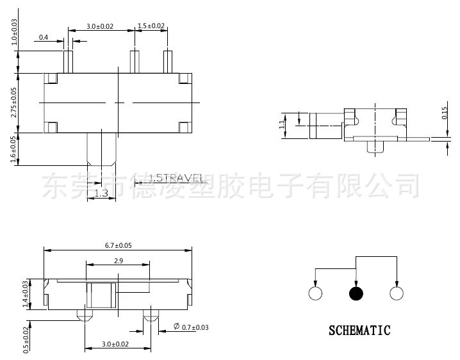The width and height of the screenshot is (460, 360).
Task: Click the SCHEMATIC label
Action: click(x=359, y=331)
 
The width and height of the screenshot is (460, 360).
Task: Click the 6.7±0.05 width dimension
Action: click(x=118, y=245)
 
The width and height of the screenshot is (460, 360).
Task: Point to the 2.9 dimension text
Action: click(x=118, y=261)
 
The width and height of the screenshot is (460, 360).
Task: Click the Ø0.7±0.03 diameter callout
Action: click(x=191, y=328)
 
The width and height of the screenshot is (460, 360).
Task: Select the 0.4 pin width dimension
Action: click(x=44, y=37)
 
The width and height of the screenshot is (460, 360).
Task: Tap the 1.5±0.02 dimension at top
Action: click(x=151, y=26)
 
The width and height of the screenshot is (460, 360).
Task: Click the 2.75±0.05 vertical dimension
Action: click(x=14, y=102)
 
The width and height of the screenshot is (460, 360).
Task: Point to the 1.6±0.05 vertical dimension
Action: click(x=14, y=150)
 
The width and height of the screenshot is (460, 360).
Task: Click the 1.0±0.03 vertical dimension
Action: click(x=14, y=31)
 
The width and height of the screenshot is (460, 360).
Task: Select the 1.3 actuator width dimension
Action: click(x=101, y=193)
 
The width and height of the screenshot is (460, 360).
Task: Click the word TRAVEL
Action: click(x=182, y=177)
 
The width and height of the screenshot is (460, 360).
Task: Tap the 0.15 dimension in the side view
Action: click(x=445, y=114)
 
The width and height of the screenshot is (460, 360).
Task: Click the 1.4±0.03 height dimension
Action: click(x=26, y=293)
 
